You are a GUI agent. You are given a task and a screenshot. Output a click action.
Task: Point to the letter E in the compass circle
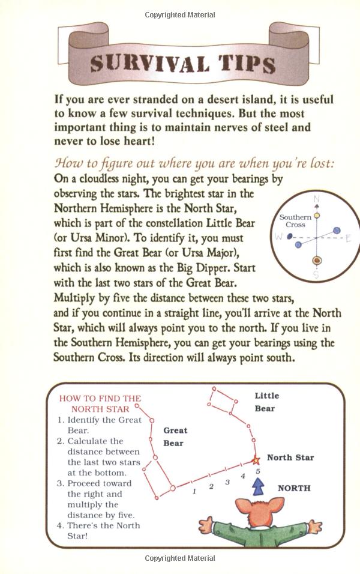[349, 238]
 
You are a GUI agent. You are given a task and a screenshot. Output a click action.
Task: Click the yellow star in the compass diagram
[317, 214]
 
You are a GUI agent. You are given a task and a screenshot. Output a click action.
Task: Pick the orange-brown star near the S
[316, 261]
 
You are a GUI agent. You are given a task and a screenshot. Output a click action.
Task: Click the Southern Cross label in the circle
[295, 220]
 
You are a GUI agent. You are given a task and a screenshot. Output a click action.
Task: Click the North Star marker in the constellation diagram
[255, 461]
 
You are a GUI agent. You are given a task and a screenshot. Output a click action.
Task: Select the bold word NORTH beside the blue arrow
[294, 488]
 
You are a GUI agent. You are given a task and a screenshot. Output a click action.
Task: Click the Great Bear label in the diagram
[175, 437]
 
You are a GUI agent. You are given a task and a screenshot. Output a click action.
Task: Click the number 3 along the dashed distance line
[227, 482]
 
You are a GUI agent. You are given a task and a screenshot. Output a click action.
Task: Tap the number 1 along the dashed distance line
[194, 491]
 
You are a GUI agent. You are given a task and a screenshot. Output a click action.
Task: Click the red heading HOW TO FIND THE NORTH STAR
[100, 403]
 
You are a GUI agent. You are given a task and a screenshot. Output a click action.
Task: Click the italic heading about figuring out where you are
[194, 164]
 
